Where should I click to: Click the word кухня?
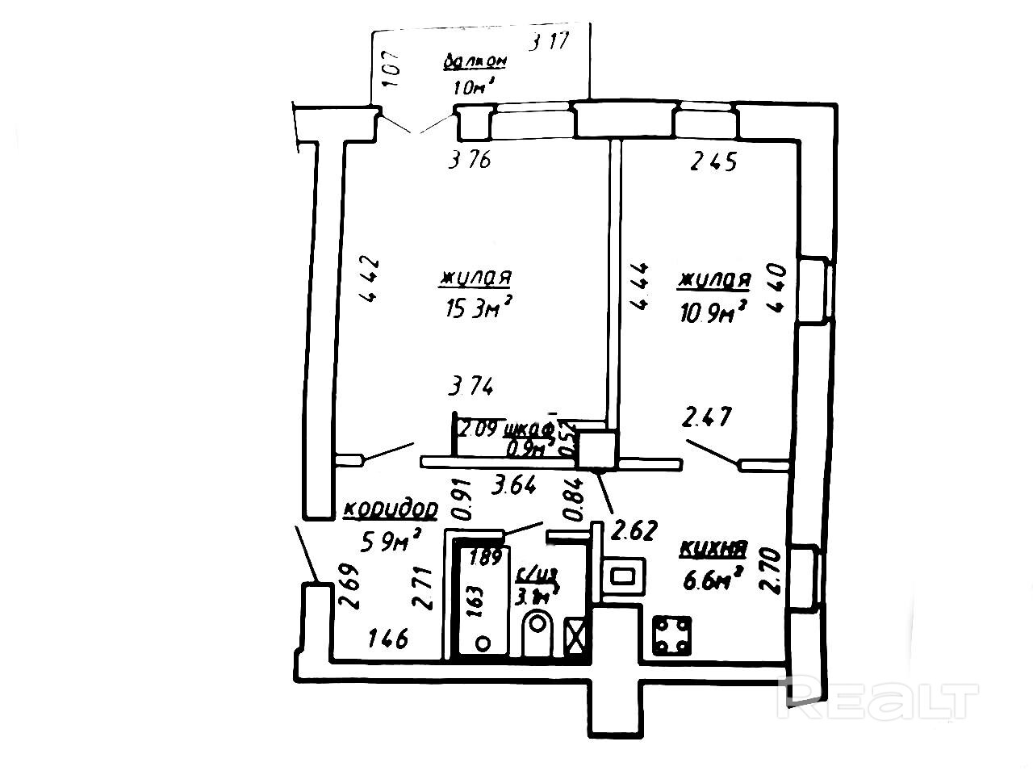(713, 550)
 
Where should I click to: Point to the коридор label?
(391, 510)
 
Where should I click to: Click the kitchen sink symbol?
(624, 576)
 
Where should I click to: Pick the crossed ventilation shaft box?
(578, 635)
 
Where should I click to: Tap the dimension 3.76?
(470, 161)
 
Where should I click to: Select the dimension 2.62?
(636, 530)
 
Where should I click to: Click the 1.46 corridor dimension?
(387, 639)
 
